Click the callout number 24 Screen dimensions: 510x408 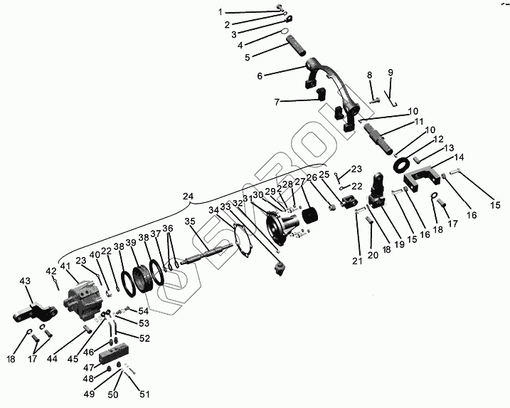188,196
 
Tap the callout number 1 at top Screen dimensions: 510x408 221,12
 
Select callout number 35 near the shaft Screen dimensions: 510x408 189,221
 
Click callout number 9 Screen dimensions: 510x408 390,73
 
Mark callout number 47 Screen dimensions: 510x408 89,367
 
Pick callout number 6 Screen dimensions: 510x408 260,75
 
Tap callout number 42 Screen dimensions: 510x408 51,271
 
